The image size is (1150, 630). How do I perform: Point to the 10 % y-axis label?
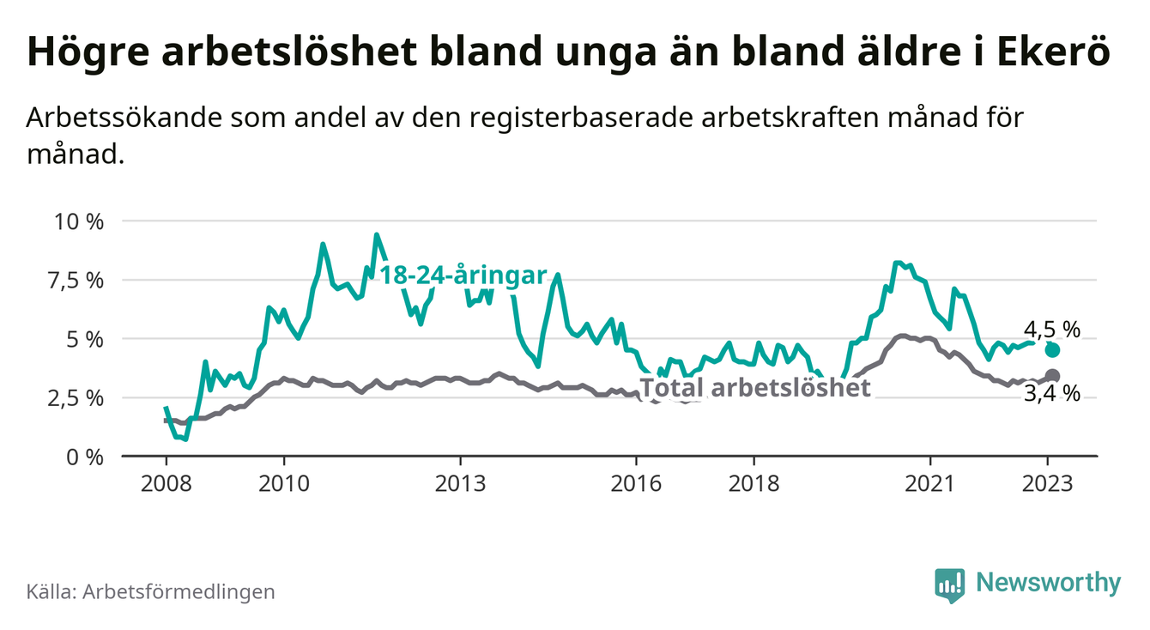point(78,221)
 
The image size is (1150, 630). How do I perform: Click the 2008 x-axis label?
point(166,483)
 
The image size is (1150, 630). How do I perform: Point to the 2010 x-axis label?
point(283,483)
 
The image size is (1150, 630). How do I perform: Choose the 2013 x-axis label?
point(460,483)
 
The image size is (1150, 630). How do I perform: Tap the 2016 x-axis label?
point(636,483)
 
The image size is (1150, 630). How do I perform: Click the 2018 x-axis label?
point(754,483)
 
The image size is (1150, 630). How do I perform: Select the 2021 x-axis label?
point(930,483)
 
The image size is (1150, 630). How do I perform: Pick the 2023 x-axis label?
point(1048,483)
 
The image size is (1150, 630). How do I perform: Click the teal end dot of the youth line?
point(1053,350)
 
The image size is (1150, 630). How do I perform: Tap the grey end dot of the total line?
point(1053,376)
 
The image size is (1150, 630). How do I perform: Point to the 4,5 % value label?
point(1051,329)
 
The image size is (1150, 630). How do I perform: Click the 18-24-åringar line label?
point(463,276)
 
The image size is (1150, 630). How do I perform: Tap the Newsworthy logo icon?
point(948,584)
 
